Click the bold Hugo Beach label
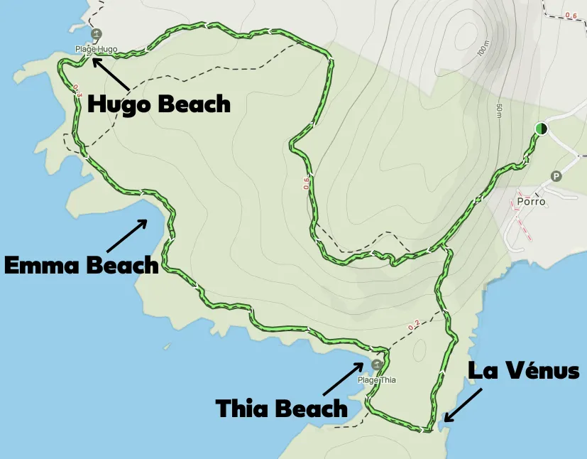(159, 104)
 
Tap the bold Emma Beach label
(81, 266)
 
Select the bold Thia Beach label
(282, 408)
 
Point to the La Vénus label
(524, 370)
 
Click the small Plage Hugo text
(97, 50)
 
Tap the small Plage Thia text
(377, 380)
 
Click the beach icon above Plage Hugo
(96, 34)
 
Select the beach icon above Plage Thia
(375, 364)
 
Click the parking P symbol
(556, 176)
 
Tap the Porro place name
(531, 201)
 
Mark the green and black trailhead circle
(542, 129)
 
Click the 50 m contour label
(500, 110)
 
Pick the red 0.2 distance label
(413, 325)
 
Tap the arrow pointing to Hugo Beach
(110, 73)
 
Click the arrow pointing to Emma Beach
(127, 235)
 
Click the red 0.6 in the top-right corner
(571, 15)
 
